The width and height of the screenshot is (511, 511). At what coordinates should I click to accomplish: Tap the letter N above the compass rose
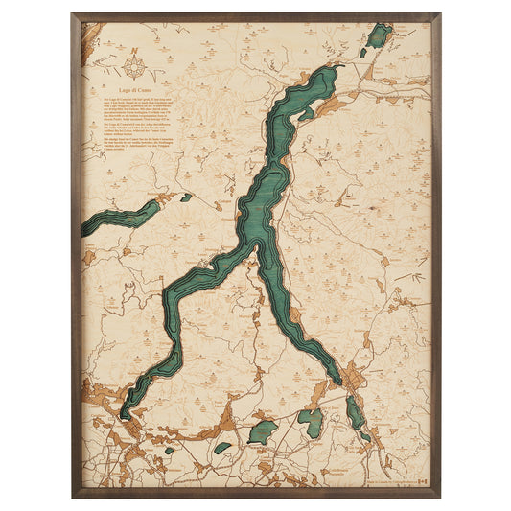(138, 57)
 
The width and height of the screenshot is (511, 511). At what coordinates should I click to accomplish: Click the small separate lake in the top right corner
(379, 36)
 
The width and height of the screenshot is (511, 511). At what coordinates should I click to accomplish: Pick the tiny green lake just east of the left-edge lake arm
(185, 197)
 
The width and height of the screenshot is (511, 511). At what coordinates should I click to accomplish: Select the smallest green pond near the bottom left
(169, 450)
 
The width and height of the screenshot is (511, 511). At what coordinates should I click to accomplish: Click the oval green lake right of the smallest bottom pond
(222, 447)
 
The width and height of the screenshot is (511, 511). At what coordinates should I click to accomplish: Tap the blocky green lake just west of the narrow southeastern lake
(310, 422)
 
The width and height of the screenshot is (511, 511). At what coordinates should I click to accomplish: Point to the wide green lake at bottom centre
(263, 430)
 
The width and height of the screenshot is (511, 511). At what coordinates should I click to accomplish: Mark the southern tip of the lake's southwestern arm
(125, 415)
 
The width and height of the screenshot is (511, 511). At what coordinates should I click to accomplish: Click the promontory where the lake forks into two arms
(257, 246)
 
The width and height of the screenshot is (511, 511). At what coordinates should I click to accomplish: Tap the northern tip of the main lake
(333, 69)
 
